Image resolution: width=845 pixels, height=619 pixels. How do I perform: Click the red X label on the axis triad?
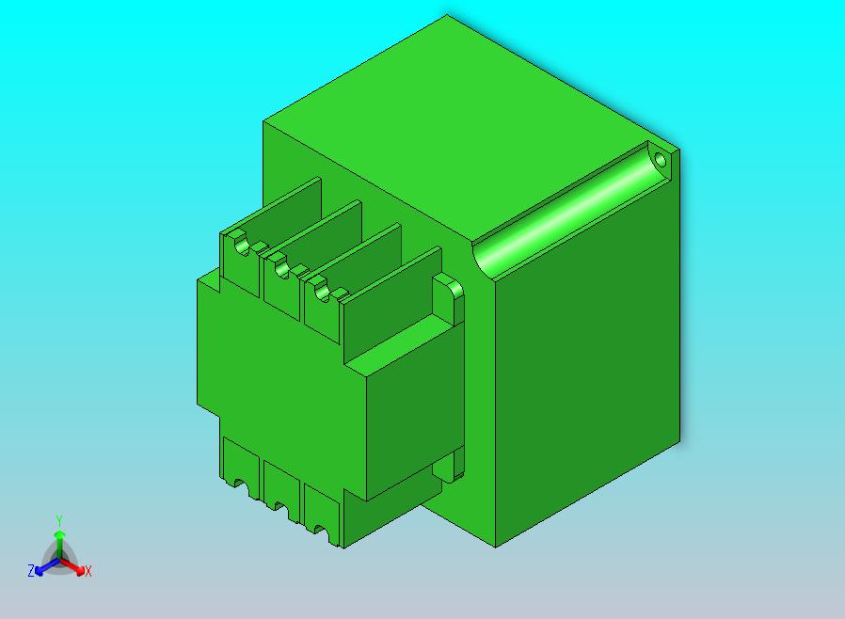tap(88, 571)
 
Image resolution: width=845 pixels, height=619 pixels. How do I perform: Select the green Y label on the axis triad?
tap(58, 520)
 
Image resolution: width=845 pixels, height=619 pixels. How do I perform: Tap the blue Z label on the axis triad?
tap(31, 571)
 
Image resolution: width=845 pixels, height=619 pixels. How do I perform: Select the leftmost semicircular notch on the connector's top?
tap(241, 246)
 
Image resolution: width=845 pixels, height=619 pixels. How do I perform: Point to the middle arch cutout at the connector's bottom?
tap(280, 507)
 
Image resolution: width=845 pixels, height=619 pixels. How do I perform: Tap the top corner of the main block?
tap(447, 16)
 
